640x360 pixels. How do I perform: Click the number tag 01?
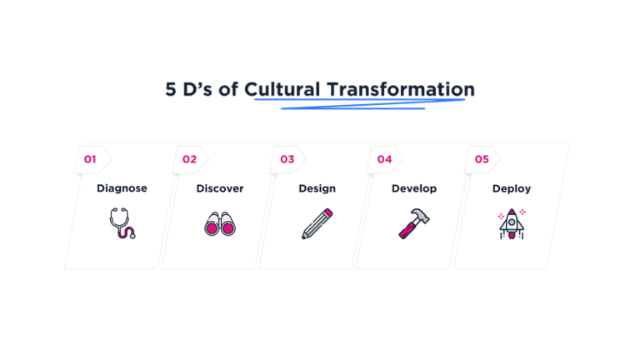click(91, 158)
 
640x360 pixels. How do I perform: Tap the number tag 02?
click(189, 158)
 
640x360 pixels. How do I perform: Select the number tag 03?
click(287, 158)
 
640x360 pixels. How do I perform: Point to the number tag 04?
click(384, 158)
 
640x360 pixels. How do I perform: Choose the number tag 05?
click(482, 158)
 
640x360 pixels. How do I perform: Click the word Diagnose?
click(122, 188)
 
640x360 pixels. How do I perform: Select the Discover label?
click(220, 188)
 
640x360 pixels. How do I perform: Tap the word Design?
click(317, 188)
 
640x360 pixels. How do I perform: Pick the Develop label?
click(414, 188)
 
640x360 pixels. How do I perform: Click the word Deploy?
click(512, 188)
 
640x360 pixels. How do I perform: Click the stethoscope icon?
click(122, 223)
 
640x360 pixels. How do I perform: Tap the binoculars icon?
click(220, 224)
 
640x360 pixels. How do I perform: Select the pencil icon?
click(317, 223)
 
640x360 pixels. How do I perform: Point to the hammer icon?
click(414, 222)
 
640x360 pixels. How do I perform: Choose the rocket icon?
click(511, 223)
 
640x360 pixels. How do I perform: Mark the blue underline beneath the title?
click(358, 103)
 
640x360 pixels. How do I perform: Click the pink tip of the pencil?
click(329, 212)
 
